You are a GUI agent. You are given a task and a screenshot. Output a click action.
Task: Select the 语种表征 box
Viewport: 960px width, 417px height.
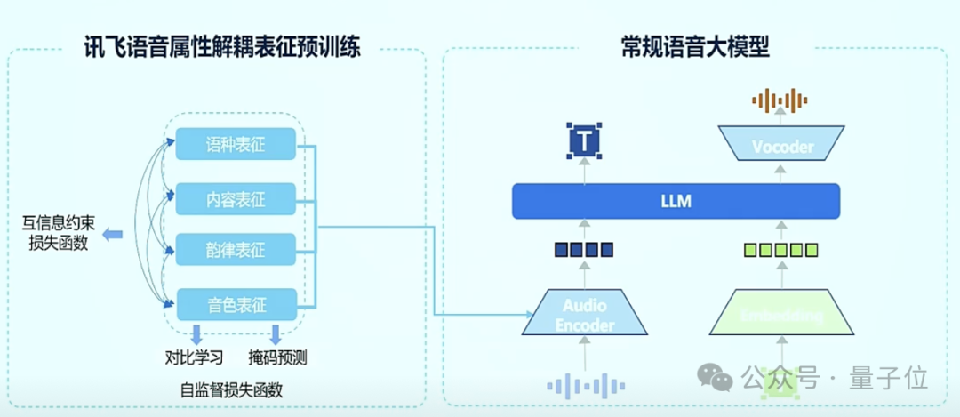coord(236,144)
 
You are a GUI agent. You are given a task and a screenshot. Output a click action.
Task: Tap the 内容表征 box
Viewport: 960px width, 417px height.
coord(236,196)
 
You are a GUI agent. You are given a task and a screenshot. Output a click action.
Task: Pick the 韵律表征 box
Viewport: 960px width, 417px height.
coord(236,250)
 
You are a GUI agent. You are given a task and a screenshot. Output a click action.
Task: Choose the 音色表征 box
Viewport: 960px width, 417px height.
coord(236,305)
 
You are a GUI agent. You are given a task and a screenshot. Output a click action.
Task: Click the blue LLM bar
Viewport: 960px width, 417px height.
coord(676,201)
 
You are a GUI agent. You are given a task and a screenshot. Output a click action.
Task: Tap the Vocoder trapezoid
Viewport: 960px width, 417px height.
coord(782,146)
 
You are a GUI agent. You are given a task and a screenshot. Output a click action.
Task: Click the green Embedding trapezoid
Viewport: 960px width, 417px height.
coord(781,315)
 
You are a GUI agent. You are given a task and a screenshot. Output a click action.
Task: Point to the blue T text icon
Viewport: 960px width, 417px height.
coord(584,140)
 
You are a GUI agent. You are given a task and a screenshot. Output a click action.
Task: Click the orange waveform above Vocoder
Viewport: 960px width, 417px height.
coord(782,100)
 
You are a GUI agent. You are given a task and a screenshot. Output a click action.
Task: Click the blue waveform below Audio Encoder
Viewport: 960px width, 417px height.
coord(584,385)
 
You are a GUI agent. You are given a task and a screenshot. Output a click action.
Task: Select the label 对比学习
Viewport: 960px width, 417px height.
coord(194,358)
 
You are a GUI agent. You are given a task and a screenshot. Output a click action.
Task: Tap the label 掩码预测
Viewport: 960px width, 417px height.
coord(277,358)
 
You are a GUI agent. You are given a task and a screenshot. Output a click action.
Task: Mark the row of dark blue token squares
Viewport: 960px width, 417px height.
coord(584,249)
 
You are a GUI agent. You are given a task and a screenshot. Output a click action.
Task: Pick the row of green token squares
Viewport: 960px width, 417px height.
coord(781,249)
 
